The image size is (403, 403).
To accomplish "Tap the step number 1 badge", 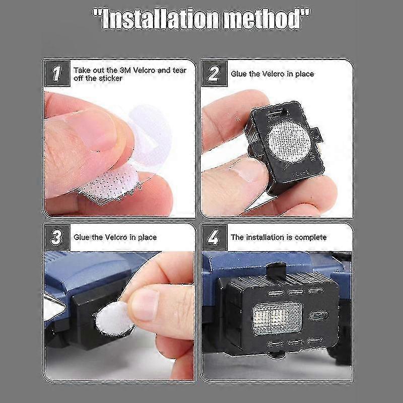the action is [x=57, y=74].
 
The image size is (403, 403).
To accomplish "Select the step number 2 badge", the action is [x=214, y=74].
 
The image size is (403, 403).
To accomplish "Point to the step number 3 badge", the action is [x=57, y=237].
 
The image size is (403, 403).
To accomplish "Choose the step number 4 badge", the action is [x=214, y=237].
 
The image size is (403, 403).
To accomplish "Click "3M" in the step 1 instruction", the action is [x=125, y=70].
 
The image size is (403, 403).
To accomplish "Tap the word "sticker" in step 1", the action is [x=108, y=78].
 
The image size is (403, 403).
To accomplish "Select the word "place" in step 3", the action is [x=147, y=237].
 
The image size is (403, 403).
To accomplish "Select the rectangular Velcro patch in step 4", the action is [x=277, y=318].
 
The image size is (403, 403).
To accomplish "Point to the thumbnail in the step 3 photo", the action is [x=144, y=305].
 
